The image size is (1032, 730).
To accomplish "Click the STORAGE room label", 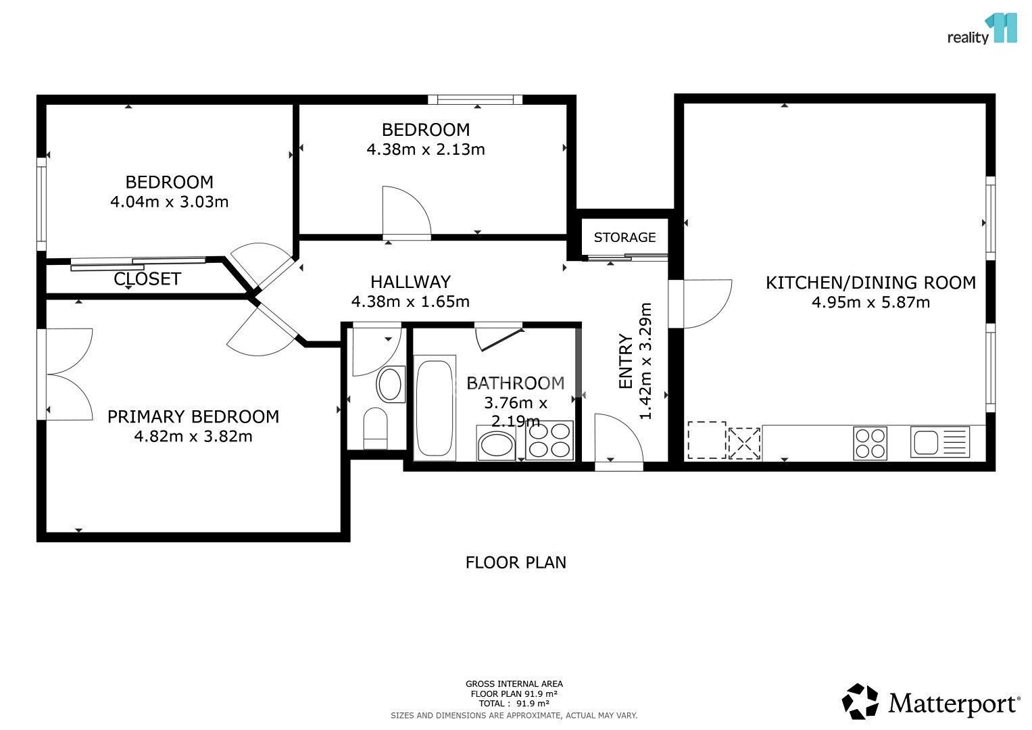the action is pos(624,237).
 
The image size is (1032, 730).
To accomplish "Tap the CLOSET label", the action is pos(147,278).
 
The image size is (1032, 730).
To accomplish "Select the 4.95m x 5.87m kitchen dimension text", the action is pos(870,302).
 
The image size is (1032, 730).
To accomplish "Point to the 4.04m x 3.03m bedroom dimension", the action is pos(169,202).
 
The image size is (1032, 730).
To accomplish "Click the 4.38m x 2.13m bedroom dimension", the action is pos(426,149).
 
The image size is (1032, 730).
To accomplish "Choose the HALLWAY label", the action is pos(410,282).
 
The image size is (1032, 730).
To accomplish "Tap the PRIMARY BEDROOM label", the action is pos(193,416).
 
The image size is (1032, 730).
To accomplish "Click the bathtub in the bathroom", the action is pos(435,408).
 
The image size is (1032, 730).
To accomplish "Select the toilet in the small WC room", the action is pos(376,428).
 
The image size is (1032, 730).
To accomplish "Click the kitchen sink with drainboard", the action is pos(940,441).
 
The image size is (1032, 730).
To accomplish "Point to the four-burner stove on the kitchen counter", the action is pos(870,443).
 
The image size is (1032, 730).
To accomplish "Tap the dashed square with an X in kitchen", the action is pos(744,443).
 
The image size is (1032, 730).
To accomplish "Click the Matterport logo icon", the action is pos(860,701).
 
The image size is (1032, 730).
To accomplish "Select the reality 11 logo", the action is pos(982,29).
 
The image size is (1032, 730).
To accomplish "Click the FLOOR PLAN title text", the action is pos(516,562).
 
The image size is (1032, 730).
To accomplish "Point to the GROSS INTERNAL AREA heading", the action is pos(514,684).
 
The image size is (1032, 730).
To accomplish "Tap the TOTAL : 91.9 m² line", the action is pos(514,704).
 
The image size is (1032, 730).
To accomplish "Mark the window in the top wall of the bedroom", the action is pos(475,99).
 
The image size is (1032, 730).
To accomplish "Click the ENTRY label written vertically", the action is pos(626,362).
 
